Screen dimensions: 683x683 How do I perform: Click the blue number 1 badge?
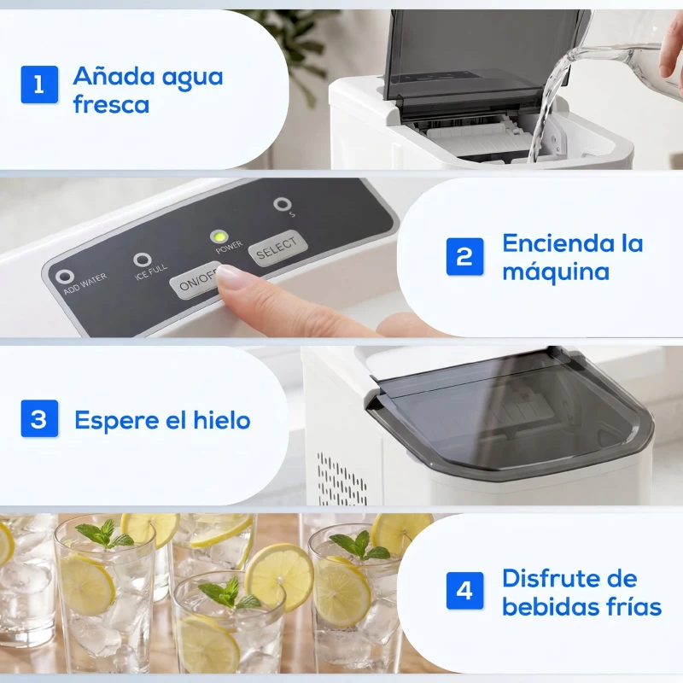click(x=39, y=85)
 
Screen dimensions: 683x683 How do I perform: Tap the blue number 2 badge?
click(x=464, y=256)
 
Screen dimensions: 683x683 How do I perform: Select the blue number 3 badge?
click(x=39, y=419)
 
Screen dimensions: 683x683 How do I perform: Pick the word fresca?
click(x=111, y=105)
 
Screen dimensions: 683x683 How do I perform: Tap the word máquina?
click(x=556, y=272)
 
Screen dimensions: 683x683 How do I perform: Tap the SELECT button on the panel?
click(x=277, y=248)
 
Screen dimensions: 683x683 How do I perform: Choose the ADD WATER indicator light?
click(x=62, y=277)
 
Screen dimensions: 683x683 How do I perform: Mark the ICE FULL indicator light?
click(x=143, y=260)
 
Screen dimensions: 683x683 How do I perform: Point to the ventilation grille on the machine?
click(x=341, y=478)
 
